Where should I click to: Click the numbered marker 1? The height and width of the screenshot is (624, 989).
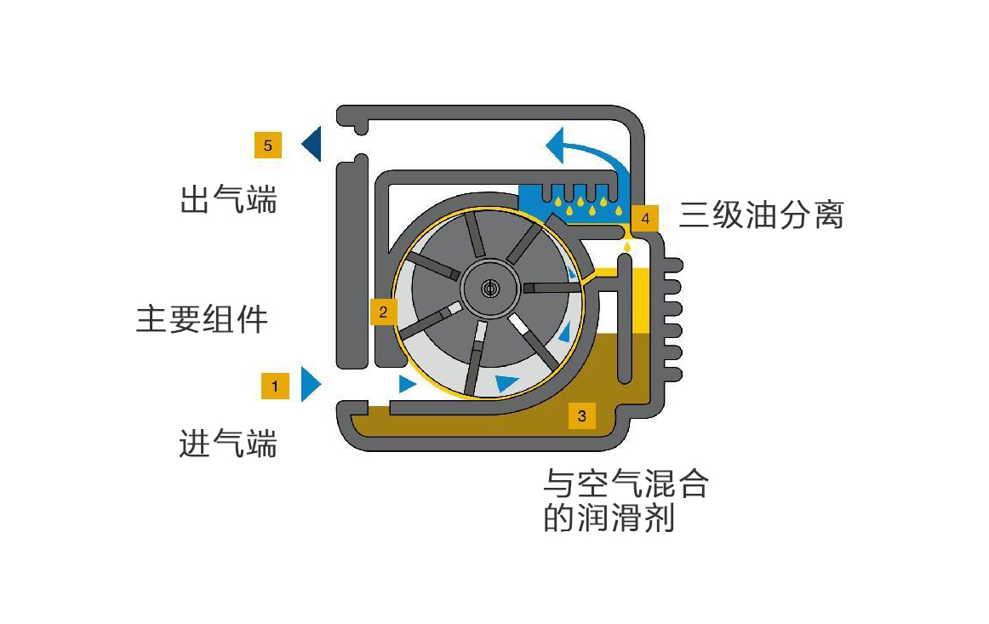275,386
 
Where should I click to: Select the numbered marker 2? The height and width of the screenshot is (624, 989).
383,312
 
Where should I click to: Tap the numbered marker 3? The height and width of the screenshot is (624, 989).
581,415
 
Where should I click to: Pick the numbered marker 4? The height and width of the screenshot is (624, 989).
645,218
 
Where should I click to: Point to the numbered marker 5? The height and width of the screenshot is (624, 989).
267,146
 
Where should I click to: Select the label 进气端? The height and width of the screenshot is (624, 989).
228,443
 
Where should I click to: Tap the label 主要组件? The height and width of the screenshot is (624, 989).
202,320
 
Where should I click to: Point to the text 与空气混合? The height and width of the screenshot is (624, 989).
626,484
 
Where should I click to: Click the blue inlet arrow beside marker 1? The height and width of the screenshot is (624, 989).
311,385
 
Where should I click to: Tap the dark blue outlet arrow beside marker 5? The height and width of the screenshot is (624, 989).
312,144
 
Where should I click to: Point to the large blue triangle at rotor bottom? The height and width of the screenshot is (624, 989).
508,382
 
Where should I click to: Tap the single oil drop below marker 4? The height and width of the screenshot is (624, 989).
628,247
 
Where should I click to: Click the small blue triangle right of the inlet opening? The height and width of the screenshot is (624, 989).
408,385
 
